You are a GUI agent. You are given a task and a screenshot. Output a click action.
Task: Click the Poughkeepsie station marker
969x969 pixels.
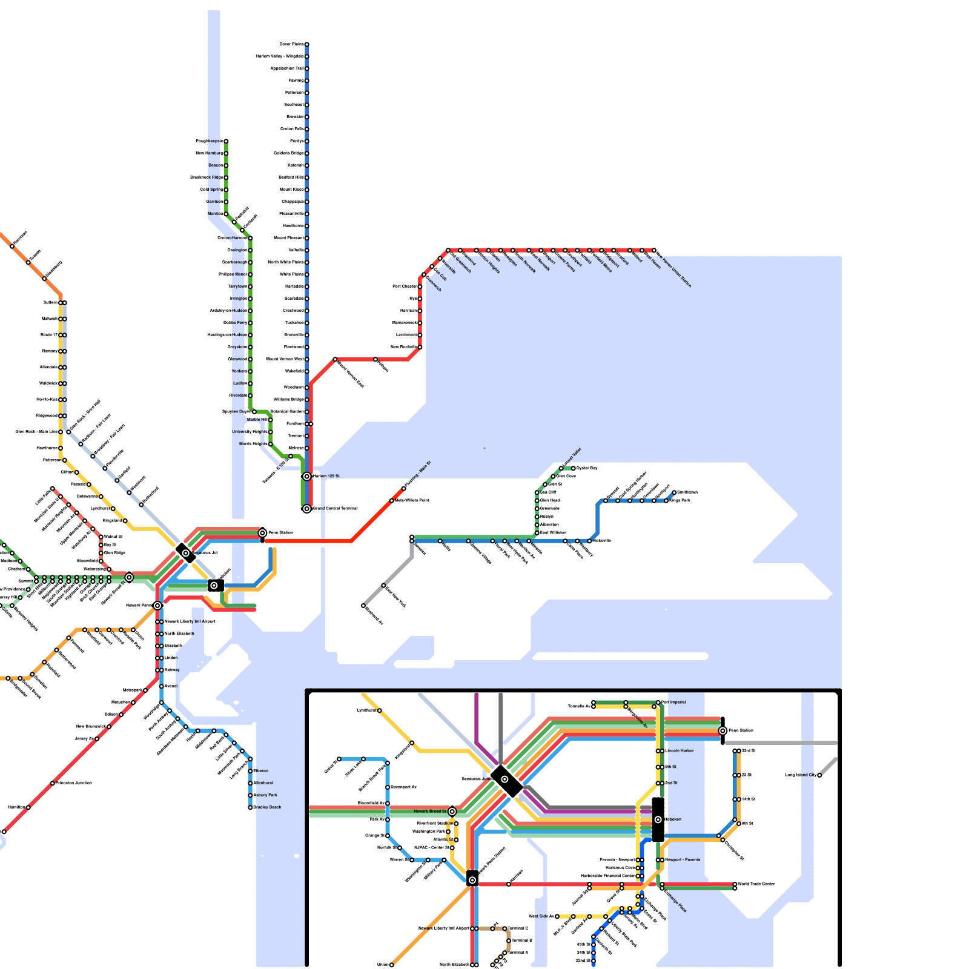click(x=226, y=141)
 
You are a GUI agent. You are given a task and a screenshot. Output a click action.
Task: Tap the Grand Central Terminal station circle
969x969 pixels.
click(x=307, y=509)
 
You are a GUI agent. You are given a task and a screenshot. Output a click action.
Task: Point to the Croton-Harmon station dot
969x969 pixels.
click(x=250, y=238)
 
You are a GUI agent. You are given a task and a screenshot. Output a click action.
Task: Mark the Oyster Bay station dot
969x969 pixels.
click(x=573, y=468)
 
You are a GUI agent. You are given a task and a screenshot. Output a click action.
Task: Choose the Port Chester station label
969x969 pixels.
click(x=405, y=286)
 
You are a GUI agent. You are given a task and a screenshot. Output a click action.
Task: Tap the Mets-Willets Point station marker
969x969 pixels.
click(x=392, y=501)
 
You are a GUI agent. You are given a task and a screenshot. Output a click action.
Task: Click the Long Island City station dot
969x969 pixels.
click(x=819, y=775)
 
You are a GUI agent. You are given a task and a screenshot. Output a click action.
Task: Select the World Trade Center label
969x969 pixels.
click(x=756, y=884)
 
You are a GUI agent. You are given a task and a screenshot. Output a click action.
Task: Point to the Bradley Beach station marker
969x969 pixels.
click(x=250, y=807)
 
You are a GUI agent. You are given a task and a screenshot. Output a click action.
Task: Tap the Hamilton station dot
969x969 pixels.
click(x=28, y=807)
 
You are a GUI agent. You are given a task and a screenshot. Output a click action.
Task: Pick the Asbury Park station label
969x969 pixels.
click(x=265, y=795)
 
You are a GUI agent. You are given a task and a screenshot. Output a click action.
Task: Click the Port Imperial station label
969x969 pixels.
click(x=673, y=703)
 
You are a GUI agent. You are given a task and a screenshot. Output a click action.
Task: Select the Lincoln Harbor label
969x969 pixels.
click(x=680, y=751)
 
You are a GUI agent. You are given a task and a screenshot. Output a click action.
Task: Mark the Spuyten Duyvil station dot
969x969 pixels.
click(x=254, y=412)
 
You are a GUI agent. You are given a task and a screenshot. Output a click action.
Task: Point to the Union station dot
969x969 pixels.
click(x=392, y=965)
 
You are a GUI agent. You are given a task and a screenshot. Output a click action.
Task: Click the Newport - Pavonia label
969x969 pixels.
click(x=683, y=860)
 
